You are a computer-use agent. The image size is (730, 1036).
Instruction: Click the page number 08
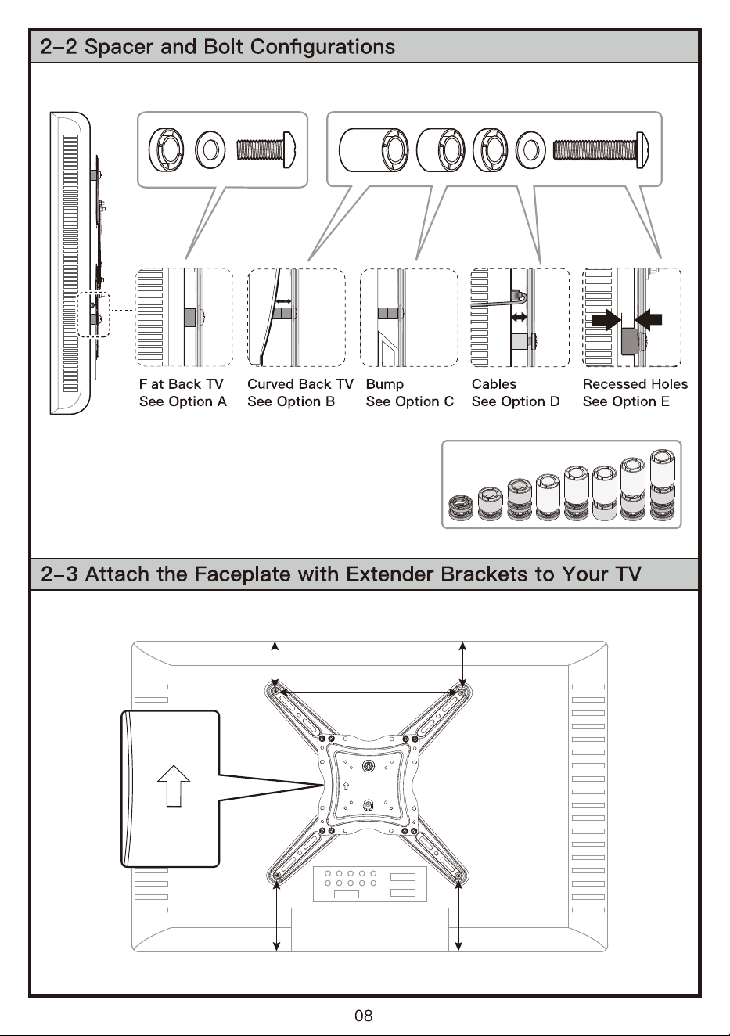click(364, 1015)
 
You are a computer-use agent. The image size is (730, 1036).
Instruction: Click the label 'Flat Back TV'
click(182, 384)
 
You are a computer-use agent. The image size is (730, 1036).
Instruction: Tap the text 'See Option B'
click(291, 401)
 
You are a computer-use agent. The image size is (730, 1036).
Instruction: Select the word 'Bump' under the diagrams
click(385, 384)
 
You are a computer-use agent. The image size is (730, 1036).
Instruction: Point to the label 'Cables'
click(494, 384)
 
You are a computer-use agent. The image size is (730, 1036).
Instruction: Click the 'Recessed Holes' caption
click(635, 384)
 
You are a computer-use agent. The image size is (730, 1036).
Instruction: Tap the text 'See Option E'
click(626, 401)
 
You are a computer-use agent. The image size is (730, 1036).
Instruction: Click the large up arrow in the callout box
click(174, 786)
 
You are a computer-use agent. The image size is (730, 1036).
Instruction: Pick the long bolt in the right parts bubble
click(600, 149)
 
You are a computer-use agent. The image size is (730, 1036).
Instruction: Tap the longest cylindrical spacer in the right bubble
click(374, 149)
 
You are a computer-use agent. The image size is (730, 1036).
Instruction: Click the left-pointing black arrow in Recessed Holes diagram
click(649, 319)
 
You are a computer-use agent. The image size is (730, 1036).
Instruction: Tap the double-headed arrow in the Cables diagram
click(520, 317)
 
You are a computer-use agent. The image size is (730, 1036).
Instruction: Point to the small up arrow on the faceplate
click(346, 786)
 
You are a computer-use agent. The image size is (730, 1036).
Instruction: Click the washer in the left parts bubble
click(210, 149)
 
